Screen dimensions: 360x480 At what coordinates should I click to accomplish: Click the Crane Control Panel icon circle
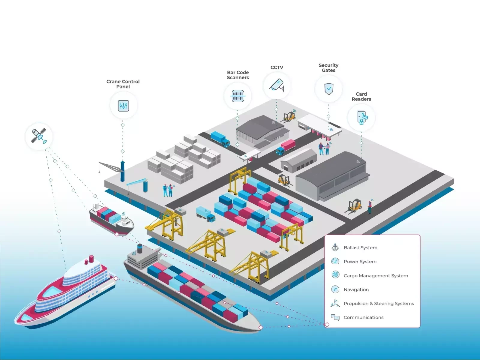tap(123, 106)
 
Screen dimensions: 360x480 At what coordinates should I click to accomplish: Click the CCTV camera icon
tap(277, 85)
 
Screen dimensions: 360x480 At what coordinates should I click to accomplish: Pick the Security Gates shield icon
tap(329, 89)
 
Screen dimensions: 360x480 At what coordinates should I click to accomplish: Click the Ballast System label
tap(360, 247)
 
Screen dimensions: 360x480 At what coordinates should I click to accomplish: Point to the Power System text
tap(360, 262)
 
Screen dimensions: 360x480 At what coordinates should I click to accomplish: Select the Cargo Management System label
tap(376, 276)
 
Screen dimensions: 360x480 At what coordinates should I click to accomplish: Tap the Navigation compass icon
tap(335, 289)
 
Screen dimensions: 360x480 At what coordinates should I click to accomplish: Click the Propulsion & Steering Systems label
tap(379, 304)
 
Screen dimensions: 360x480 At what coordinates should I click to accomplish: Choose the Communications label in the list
tap(363, 317)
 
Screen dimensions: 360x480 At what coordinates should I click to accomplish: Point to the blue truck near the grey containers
tap(220, 139)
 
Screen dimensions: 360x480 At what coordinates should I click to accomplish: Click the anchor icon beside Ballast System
tap(335, 247)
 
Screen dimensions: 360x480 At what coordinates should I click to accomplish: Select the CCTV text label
tap(277, 67)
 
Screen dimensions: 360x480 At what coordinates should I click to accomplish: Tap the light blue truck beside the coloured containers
tap(206, 214)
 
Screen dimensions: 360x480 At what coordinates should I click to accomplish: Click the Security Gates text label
tap(328, 68)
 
